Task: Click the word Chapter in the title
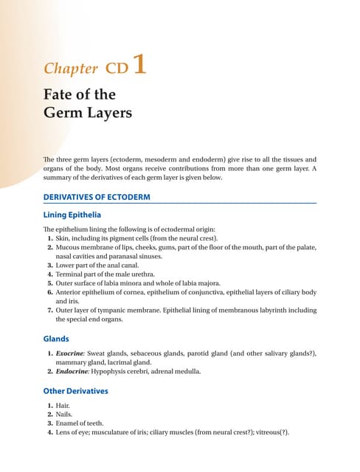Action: pos(70,69)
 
